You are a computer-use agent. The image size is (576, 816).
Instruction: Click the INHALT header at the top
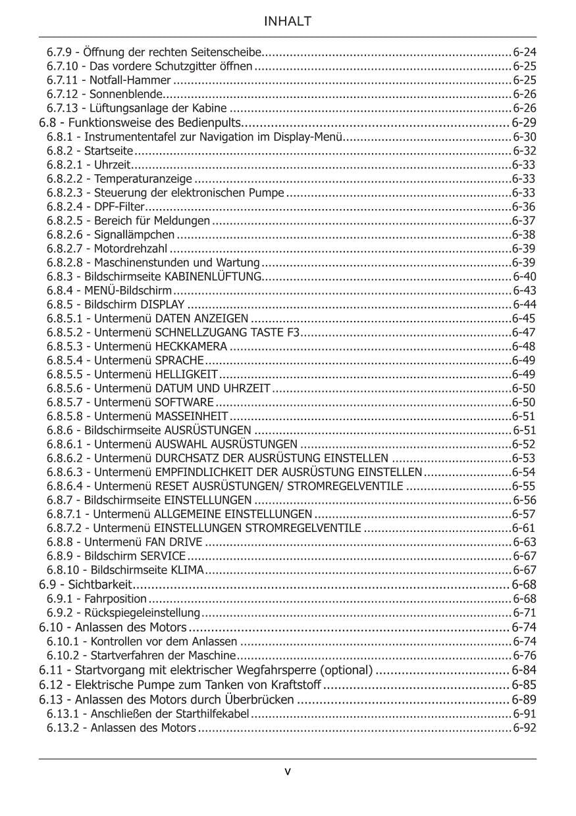[x=288, y=22]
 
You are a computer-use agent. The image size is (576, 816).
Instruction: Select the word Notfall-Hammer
[x=130, y=80]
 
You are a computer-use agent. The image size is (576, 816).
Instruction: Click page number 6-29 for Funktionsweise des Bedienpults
[x=524, y=123]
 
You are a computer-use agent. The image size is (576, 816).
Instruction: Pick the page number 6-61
[x=523, y=528]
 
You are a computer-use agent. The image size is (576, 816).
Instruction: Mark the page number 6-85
[x=524, y=685]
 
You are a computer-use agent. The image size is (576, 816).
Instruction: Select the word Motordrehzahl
[x=131, y=249]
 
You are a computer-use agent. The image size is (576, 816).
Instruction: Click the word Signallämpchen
[x=135, y=235]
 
